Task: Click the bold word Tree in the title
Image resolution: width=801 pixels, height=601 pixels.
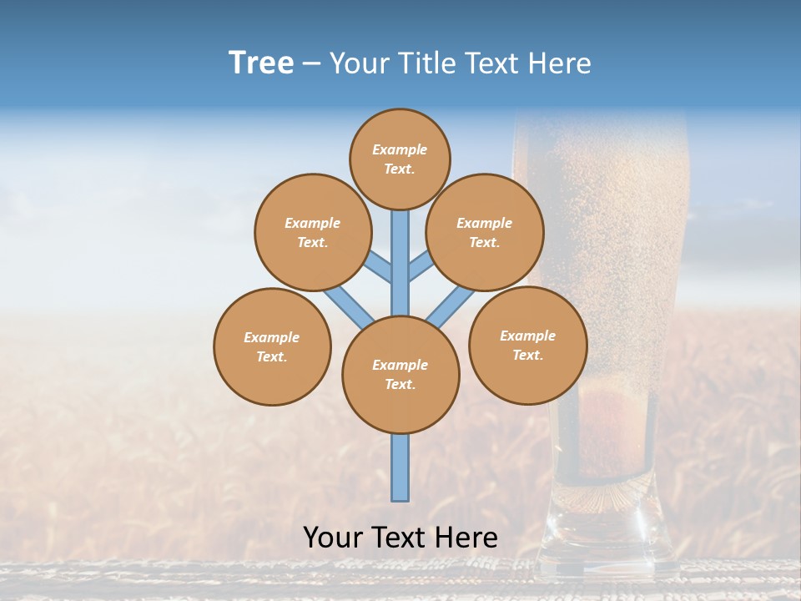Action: tap(261, 63)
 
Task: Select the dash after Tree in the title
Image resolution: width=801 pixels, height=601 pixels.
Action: tap(311, 64)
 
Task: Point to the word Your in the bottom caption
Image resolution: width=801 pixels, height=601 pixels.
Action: tap(335, 537)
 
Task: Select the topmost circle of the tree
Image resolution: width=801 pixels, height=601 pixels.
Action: tap(400, 159)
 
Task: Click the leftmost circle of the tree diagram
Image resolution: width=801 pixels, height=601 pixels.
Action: tap(272, 346)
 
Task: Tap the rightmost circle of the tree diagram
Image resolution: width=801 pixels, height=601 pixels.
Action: tap(527, 345)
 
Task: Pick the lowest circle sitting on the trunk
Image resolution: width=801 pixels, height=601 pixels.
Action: tap(400, 375)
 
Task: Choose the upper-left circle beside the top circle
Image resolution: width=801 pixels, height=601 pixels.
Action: tap(313, 232)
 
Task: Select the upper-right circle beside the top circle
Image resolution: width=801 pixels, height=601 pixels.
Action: tap(485, 232)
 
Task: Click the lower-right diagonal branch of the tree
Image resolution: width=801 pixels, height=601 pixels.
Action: tap(451, 306)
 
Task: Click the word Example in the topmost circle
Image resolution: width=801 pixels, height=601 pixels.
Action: tap(400, 149)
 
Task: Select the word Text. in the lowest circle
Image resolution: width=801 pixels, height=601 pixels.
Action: tap(400, 385)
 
